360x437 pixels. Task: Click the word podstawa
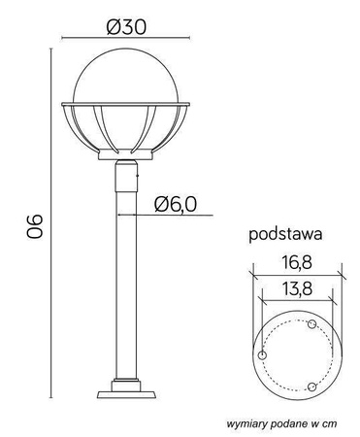[x=284, y=234]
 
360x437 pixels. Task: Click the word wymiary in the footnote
[x=249, y=424]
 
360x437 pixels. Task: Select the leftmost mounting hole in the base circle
[x=262, y=356]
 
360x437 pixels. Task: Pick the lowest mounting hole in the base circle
[x=311, y=387]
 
